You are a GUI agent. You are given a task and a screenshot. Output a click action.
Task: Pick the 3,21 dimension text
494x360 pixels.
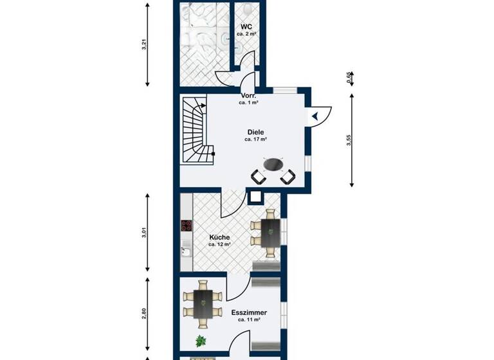pos(143,45)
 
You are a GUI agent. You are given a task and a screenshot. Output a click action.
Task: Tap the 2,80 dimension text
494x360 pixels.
pos(143,314)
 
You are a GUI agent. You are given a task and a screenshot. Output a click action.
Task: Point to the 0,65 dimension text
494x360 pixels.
pos(349,78)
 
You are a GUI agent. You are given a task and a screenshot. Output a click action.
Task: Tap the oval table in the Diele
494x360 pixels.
pos(273,165)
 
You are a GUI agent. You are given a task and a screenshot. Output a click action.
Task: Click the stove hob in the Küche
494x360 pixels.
pos(187,226)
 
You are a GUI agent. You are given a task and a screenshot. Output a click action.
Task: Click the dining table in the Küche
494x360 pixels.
pos(266,233)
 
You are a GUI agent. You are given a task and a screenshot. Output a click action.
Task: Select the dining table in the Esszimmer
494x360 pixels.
pos(203,303)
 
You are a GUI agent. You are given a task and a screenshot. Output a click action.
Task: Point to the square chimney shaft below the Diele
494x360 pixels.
pos(255,197)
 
